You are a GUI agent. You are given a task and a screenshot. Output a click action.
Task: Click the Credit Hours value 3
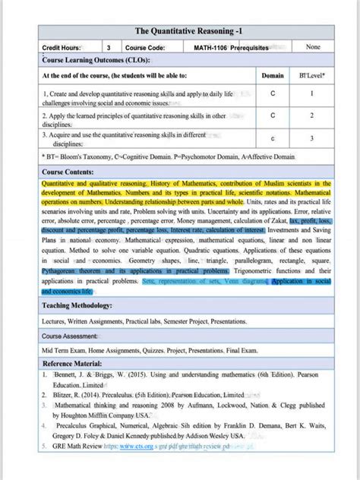click(108, 47)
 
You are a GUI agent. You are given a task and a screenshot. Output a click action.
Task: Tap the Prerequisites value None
click(312, 47)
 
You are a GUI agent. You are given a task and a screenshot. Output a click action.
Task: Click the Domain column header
click(272, 76)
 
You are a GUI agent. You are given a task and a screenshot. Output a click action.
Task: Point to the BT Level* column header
click(311, 76)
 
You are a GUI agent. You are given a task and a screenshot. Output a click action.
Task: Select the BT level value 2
click(311, 116)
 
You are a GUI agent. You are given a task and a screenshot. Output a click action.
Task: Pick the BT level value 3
click(311, 139)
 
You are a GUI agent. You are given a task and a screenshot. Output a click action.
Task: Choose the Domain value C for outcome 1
click(272, 94)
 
